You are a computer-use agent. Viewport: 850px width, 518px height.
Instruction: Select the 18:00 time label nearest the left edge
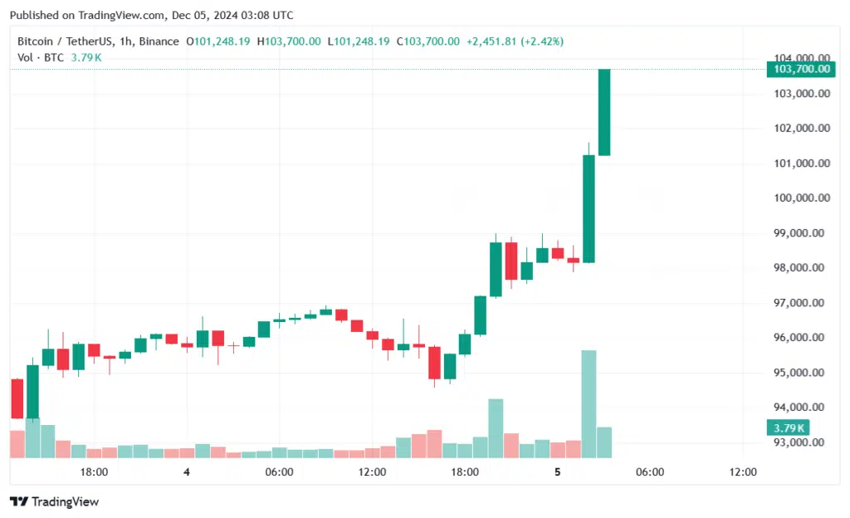coord(94,472)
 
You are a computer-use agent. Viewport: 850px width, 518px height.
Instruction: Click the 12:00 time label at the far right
coord(743,472)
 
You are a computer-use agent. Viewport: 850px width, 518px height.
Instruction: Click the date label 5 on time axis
coord(558,472)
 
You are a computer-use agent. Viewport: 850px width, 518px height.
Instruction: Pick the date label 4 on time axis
coord(187,472)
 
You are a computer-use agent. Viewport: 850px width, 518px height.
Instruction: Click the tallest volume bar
coord(589,403)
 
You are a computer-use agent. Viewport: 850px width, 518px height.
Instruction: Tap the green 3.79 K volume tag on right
coord(786,428)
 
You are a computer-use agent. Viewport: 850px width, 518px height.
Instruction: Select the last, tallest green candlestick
coord(604,112)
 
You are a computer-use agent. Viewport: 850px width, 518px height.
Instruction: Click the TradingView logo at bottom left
coord(54,501)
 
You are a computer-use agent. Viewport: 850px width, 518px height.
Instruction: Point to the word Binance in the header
coord(159,42)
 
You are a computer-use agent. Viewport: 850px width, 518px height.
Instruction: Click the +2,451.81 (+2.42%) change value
coord(515,42)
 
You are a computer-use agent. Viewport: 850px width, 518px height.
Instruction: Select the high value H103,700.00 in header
coord(289,42)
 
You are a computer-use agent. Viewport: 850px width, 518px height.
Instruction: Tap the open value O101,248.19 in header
coord(218,42)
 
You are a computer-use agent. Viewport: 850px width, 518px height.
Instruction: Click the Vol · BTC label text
coord(42,57)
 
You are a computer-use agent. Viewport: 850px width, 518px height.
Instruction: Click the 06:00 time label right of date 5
coord(650,472)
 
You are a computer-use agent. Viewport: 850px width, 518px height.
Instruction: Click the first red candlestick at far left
coord(17,398)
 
